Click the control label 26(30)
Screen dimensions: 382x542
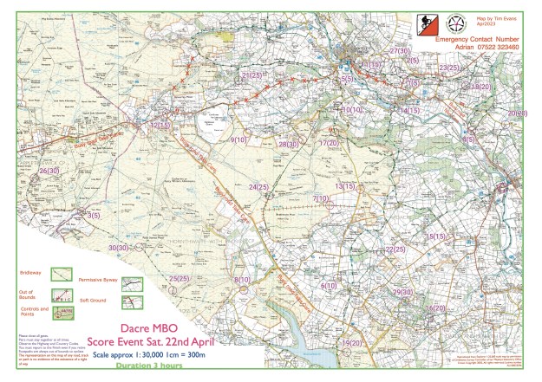point(49,172)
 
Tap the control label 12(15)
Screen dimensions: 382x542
point(160,126)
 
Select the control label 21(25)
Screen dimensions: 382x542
point(251,76)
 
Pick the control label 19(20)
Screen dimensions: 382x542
point(350,343)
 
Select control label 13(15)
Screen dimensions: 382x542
point(345,186)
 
